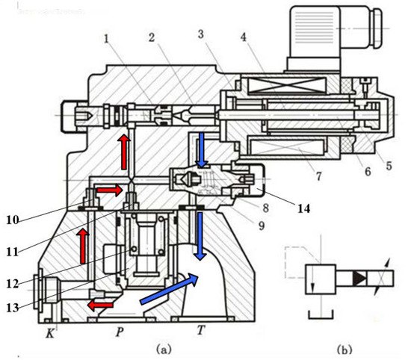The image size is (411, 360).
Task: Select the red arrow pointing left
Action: pos(100,305)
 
